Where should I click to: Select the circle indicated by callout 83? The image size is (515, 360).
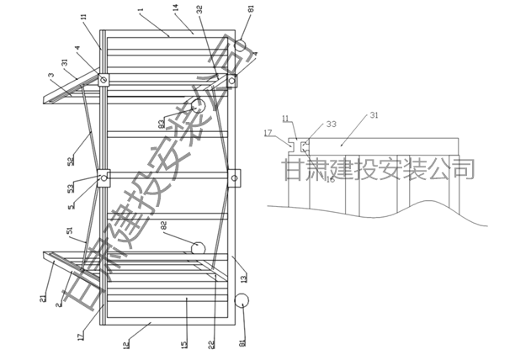[x=198, y=106]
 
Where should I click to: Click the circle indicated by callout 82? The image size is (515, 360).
[x=198, y=248]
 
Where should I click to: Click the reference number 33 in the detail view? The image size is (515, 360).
[x=331, y=124]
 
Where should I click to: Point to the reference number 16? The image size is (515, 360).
[x=331, y=179]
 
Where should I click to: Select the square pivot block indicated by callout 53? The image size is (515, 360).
[x=104, y=178]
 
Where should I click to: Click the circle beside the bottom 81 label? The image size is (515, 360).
[x=243, y=301]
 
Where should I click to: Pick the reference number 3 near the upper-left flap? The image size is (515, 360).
[x=51, y=77]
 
